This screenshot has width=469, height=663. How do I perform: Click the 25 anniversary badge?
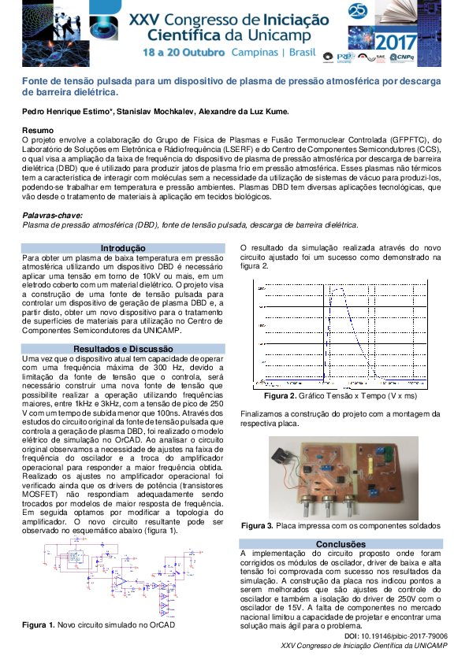356,11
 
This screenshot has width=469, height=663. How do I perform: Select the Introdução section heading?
124,247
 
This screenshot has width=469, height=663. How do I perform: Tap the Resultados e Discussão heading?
124,348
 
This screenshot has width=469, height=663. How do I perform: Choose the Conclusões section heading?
341,544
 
